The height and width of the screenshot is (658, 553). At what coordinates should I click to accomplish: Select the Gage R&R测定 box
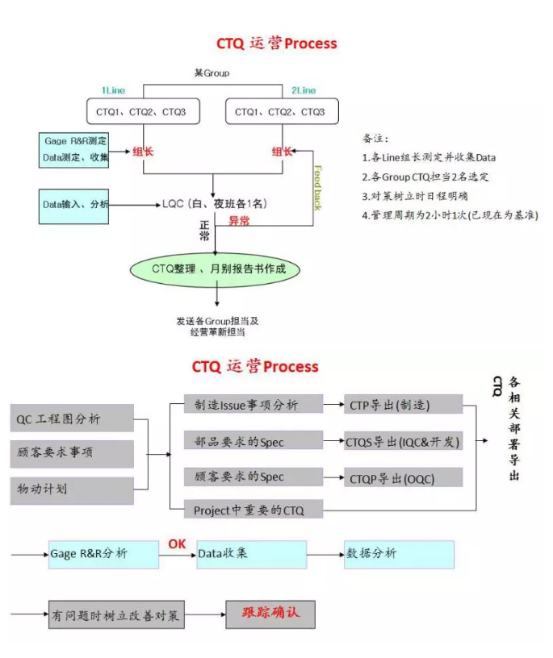click(73, 149)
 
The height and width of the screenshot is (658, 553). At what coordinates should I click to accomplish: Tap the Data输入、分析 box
click(73, 205)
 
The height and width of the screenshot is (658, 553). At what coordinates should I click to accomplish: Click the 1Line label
click(113, 90)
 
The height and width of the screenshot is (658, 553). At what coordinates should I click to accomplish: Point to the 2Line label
click(304, 90)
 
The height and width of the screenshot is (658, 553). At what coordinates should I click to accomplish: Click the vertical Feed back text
click(317, 186)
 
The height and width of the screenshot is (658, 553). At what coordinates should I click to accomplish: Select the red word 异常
click(238, 220)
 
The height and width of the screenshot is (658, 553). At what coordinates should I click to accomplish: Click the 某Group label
click(212, 73)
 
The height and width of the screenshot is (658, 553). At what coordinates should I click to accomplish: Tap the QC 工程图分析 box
click(73, 418)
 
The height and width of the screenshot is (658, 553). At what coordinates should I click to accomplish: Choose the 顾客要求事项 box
click(73, 453)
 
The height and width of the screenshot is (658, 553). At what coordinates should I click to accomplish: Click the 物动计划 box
click(73, 489)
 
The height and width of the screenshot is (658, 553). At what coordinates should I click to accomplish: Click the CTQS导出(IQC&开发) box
click(403, 441)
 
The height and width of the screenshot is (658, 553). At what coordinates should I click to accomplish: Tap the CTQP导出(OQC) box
click(403, 477)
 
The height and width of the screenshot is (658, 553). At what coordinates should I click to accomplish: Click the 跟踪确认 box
click(270, 614)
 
